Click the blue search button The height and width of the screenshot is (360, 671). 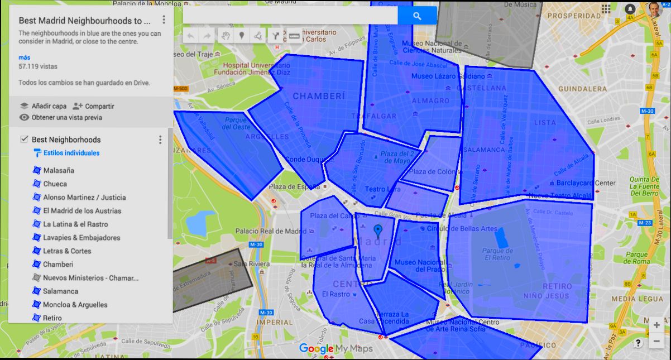(x=417, y=16)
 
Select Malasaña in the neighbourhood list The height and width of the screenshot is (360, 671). (x=59, y=170)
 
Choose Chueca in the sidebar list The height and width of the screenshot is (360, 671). (x=55, y=184)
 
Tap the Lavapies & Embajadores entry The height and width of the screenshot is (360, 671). (x=82, y=237)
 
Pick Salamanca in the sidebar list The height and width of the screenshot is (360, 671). (x=60, y=291)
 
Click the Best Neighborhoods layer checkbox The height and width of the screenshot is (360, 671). (x=24, y=140)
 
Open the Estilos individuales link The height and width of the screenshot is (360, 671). (x=71, y=153)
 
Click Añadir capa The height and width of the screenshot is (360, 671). (x=49, y=106)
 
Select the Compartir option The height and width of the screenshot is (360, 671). (x=99, y=106)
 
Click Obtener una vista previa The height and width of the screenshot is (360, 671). (x=66, y=118)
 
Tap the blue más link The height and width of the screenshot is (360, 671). (x=24, y=57)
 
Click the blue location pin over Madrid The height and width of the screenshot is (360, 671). (x=378, y=231)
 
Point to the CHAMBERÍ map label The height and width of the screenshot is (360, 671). (x=319, y=96)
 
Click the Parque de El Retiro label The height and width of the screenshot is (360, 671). (x=499, y=255)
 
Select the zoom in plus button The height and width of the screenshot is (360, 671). (x=656, y=325)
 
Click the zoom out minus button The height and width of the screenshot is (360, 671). (x=656, y=340)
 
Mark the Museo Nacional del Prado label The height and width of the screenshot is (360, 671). (x=420, y=266)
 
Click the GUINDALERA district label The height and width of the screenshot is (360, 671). (x=582, y=89)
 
